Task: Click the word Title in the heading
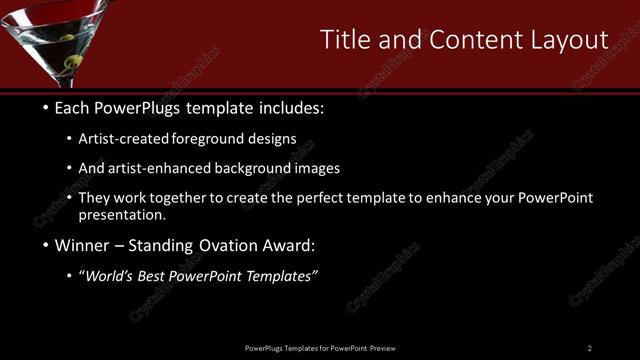click(344, 39)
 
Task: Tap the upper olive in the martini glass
click(68, 39)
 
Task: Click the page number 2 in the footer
click(590, 348)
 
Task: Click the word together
click(166, 197)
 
